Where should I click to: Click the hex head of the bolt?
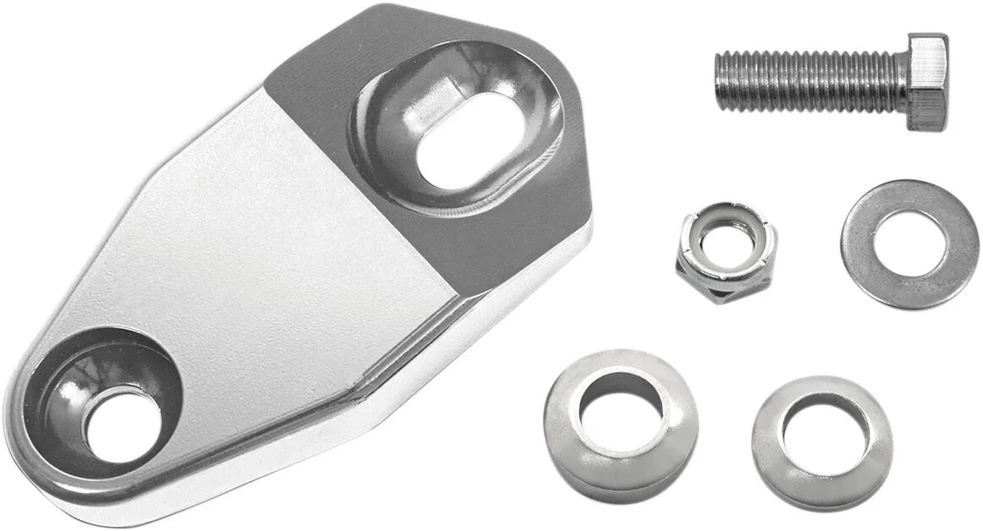[x=927, y=82]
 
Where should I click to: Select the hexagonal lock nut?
[x=727, y=252]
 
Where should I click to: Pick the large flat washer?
[x=909, y=244]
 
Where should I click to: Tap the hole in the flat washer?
[x=909, y=243]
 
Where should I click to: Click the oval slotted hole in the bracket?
[x=462, y=140]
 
